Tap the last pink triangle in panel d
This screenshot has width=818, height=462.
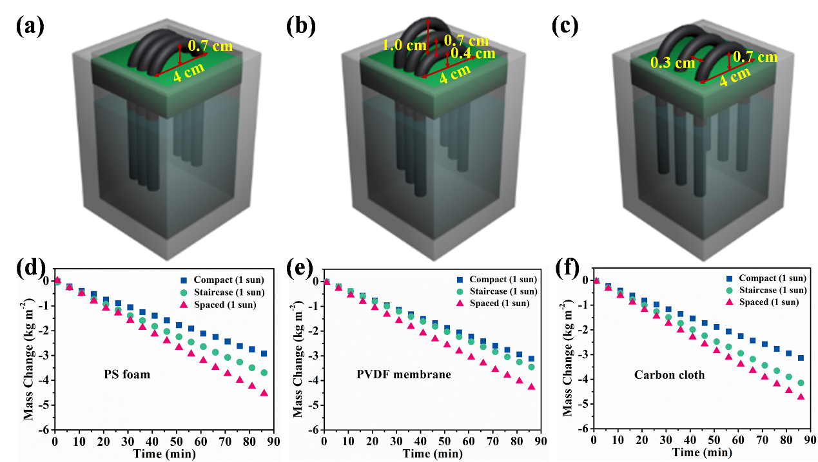tap(264, 392)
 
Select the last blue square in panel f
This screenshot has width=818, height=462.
tap(801, 358)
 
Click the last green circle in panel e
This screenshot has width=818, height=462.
tap(531, 367)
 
